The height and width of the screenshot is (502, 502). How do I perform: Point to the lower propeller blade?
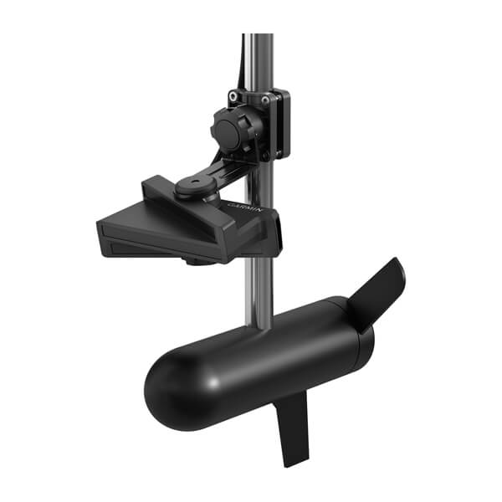pyautogui.click(x=295, y=427)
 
